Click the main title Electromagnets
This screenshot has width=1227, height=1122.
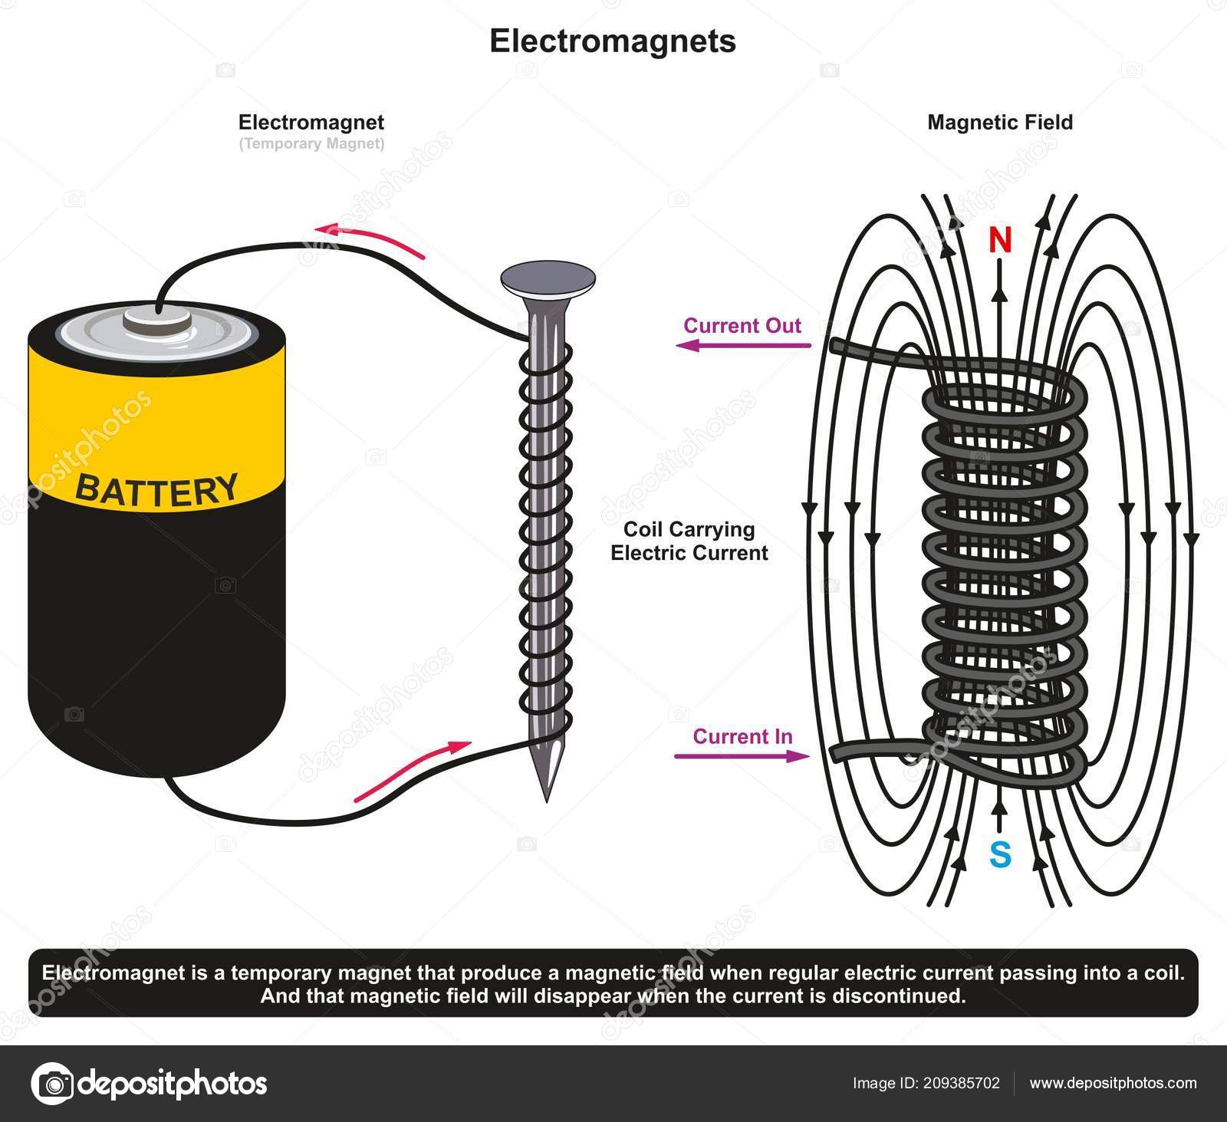coord(613,41)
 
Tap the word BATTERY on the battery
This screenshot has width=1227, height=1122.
coord(156,489)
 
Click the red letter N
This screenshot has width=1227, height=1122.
coord(999,241)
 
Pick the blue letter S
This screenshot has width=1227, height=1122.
coord(1000,854)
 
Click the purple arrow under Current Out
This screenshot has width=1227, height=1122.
coord(742,346)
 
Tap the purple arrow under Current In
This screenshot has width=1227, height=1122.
coord(742,756)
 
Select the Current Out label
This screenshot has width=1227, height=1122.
coord(742,325)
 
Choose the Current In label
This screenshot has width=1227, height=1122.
coord(742,736)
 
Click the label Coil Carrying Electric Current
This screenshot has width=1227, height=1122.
coord(689,541)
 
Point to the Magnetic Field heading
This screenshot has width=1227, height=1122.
coord(1000,122)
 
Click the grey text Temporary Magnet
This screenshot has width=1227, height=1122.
coord(311,143)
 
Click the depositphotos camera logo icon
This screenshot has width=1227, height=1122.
coord(50,1084)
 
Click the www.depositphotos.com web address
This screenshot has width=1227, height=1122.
coord(1113,1084)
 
